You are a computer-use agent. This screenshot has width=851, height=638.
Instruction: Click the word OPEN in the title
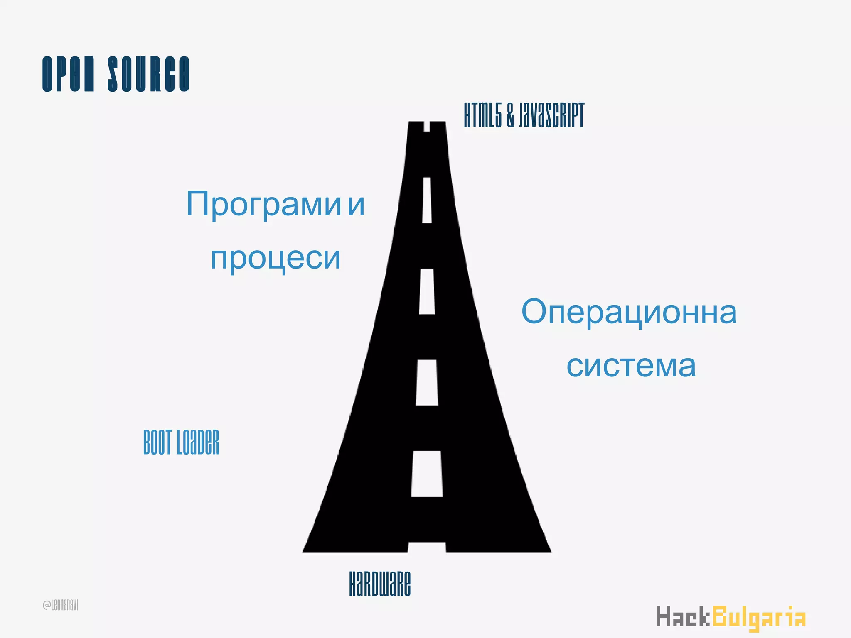(x=69, y=74)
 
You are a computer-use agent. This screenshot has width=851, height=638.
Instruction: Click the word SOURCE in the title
(x=149, y=74)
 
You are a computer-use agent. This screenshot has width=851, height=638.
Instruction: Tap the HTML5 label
(x=483, y=115)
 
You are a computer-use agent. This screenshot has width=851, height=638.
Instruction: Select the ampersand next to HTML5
(x=510, y=115)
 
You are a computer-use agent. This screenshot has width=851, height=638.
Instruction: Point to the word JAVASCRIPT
(x=551, y=115)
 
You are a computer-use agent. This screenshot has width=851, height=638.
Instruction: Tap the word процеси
(x=275, y=258)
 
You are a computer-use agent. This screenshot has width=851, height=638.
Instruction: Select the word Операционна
(x=629, y=312)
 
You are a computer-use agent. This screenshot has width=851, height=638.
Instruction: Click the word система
(x=631, y=366)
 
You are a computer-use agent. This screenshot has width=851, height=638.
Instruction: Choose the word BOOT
(x=157, y=442)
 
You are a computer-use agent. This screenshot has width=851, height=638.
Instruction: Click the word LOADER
(x=198, y=442)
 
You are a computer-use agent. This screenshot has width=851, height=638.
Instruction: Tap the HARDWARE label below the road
(x=380, y=583)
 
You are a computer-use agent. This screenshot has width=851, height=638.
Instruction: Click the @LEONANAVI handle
(x=61, y=605)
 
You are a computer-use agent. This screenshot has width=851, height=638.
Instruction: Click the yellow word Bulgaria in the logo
(x=759, y=617)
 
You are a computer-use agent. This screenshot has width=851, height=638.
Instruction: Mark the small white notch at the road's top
(x=427, y=126)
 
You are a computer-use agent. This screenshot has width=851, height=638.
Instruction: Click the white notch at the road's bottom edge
(x=427, y=547)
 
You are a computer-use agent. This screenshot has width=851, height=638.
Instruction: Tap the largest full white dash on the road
(x=427, y=474)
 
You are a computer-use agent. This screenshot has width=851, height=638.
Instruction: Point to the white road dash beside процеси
(x=427, y=291)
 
